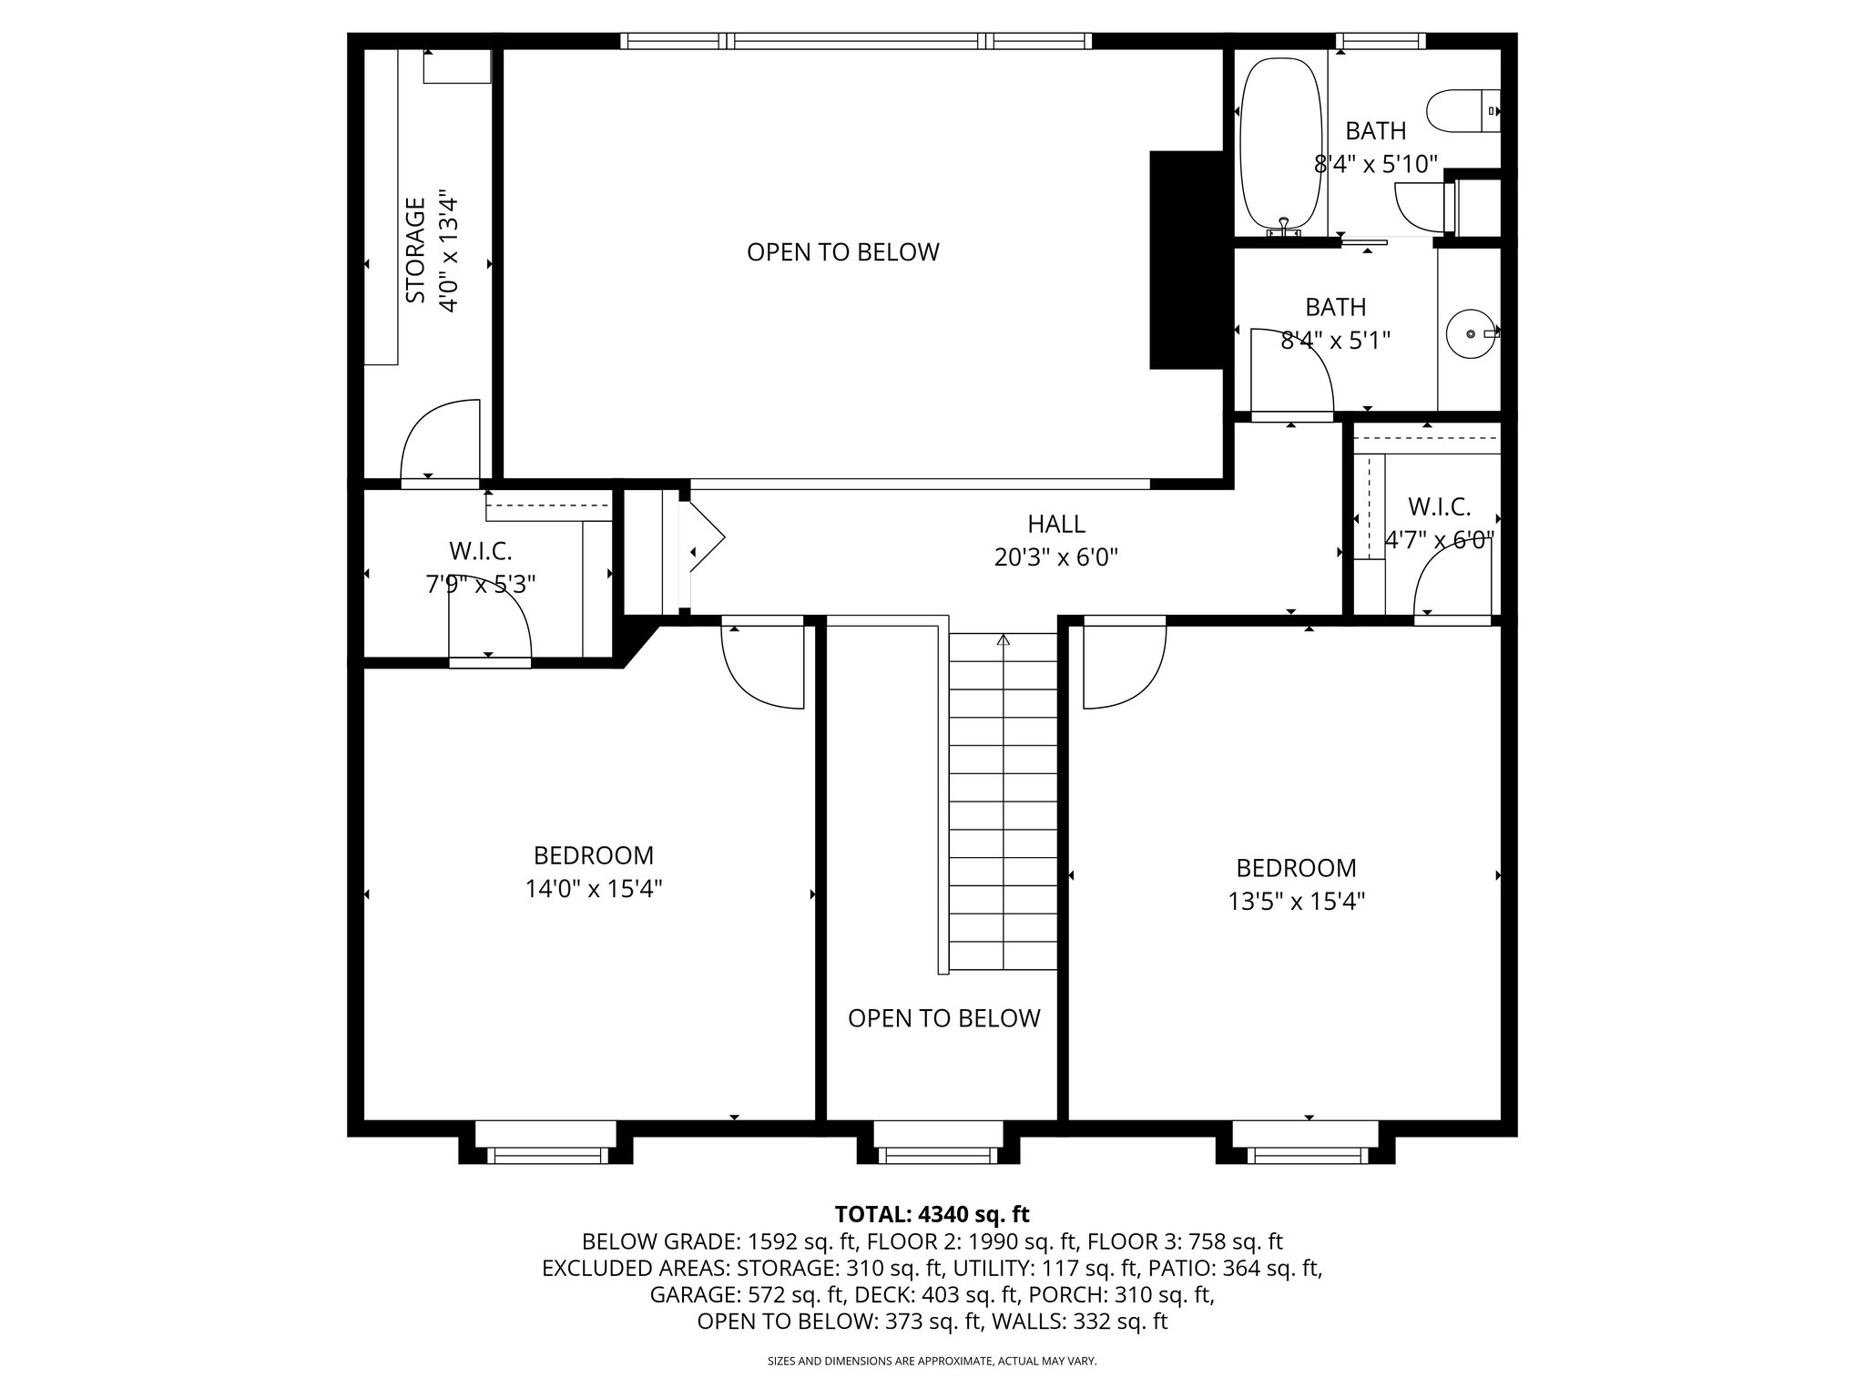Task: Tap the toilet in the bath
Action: [x=1462, y=111]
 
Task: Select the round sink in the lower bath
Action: [x=1471, y=334]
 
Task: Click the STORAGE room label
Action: [x=415, y=250]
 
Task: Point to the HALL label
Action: [x=1056, y=524]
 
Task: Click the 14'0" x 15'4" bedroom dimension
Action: [x=594, y=888]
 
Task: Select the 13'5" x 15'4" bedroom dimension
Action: [x=1296, y=901]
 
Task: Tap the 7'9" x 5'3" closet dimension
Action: [x=481, y=584]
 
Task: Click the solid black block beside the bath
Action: [x=1187, y=260]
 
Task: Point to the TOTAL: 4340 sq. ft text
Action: [x=932, y=1214]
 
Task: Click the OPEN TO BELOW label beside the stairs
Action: [x=943, y=1018]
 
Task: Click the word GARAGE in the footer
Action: [x=690, y=1294]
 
